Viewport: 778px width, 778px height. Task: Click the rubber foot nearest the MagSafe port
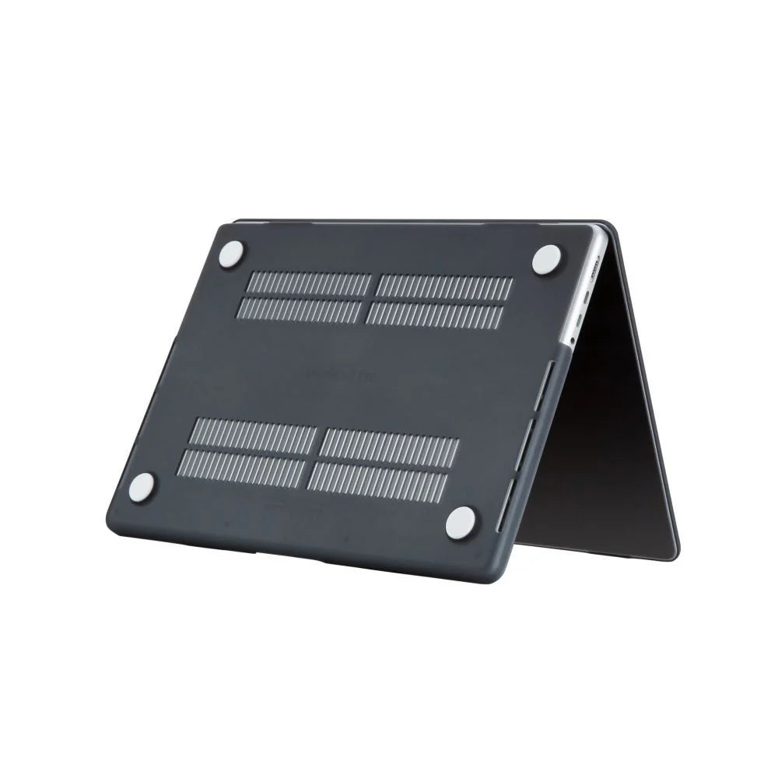(x=548, y=258)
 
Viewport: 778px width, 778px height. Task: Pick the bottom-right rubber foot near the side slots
(x=461, y=519)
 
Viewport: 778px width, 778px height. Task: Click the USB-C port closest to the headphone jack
(x=580, y=317)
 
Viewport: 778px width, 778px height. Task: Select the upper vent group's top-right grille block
(x=443, y=286)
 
